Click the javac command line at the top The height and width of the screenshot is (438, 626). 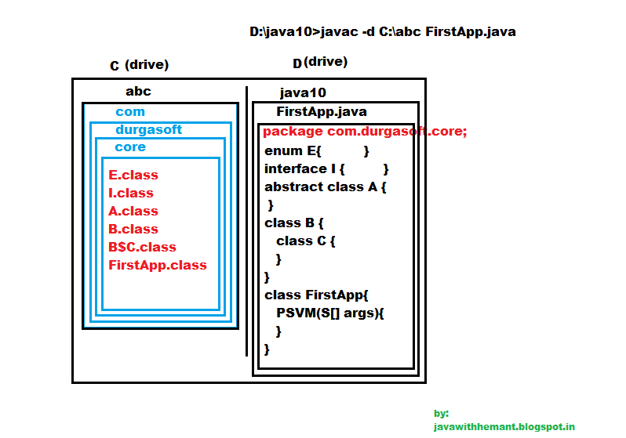click(x=383, y=31)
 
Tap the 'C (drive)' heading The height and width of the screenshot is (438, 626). click(x=140, y=64)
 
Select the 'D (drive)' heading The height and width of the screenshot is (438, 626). click(x=320, y=62)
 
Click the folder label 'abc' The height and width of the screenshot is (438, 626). click(x=138, y=92)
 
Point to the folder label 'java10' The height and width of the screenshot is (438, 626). click(x=303, y=93)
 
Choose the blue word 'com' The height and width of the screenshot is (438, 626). click(x=130, y=112)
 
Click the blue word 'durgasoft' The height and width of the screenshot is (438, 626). click(x=148, y=129)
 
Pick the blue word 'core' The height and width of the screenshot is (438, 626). click(x=130, y=147)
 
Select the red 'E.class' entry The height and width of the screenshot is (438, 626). click(x=133, y=175)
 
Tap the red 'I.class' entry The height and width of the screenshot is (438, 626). click(x=131, y=193)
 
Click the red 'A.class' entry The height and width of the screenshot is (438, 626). click(x=133, y=211)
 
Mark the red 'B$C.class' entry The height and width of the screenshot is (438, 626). click(x=142, y=247)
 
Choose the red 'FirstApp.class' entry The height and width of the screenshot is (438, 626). click(x=158, y=266)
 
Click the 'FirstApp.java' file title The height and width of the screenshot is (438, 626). click(x=322, y=112)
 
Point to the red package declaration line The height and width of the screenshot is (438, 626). click(x=365, y=131)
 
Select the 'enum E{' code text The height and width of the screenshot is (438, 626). click(x=293, y=151)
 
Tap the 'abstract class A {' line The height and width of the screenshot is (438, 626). click(x=325, y=187)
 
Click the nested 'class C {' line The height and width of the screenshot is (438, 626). click(x=305, y=241)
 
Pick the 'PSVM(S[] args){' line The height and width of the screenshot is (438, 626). click(x=329, y=313)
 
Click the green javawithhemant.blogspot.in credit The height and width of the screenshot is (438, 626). click(x=504, y=427)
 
